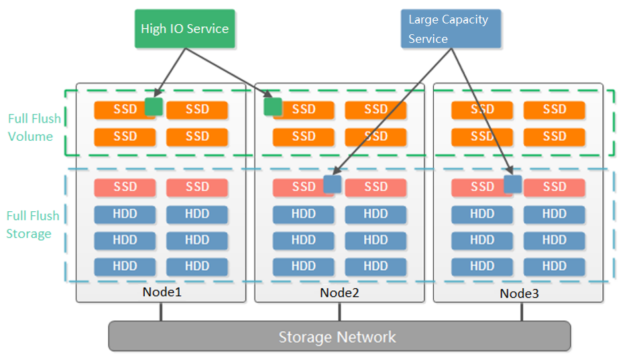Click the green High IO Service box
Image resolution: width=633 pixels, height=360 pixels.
[x=185, y=29]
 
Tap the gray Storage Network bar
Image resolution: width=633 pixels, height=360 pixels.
[x=339, y=337]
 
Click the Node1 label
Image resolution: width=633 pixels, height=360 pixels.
[x=162, y=292]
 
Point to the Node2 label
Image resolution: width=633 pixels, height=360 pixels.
[x=340, y=293]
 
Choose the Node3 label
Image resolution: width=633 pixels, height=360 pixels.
[x=519, y=294]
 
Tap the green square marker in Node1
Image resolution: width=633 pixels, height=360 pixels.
[x=154, y=107]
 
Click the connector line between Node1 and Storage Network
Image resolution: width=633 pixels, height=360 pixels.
[x=161, y=312]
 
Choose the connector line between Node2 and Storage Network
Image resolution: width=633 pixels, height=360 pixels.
[x=339, y=312]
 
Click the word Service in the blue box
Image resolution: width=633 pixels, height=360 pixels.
[x=428, y=39]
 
